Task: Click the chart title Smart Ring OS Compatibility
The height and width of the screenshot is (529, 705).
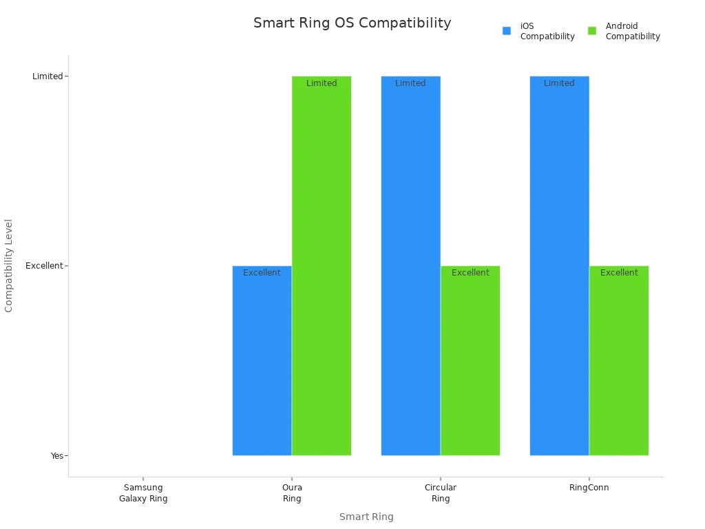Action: [352, 23]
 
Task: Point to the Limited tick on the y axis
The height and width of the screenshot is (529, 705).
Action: [48, 76]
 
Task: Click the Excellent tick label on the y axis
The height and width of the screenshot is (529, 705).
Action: [44, 266]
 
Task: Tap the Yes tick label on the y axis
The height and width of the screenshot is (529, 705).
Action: [56, 456]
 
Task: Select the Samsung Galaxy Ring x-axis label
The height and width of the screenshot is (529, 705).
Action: [143, 493]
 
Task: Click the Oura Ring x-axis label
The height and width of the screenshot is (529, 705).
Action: [292, 493]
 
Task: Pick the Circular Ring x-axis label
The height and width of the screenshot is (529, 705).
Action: [441, 493]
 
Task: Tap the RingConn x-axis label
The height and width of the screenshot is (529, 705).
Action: [589, 488]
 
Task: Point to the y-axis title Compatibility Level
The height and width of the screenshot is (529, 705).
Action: [9, 266]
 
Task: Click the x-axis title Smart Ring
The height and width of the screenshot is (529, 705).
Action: [366, 517]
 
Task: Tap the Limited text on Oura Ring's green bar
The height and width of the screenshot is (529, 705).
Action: [322, 83]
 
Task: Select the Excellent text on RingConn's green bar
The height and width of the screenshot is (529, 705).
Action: [619, 273]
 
